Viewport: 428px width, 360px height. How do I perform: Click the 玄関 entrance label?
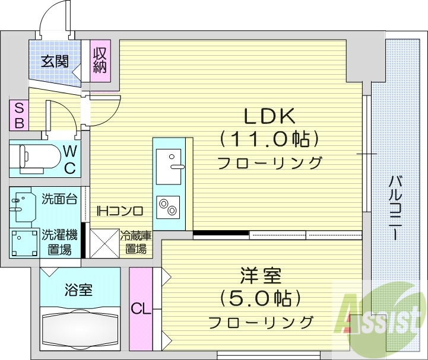pos(55,61)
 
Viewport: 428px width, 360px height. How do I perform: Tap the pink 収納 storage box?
pos(99,60)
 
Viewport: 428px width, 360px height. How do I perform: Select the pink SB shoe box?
pos(19,115)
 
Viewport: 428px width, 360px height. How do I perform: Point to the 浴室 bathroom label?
pos(78,291)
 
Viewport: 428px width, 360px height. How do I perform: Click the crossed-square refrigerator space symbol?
pos(104,243)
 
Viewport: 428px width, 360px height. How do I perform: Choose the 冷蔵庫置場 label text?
pos(135,243)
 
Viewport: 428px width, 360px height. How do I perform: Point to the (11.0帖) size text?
pos(268,139)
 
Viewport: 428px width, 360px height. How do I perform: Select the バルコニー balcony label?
pos(394,208)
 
